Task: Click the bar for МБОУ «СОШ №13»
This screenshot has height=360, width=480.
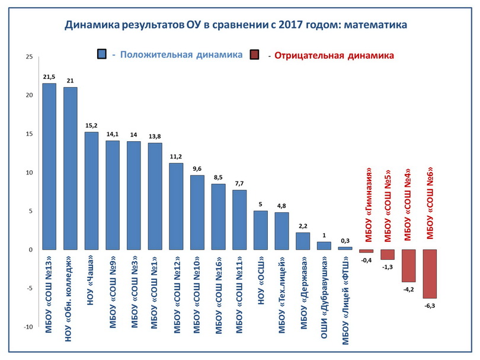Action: pyautogui.click(x=49, y=166)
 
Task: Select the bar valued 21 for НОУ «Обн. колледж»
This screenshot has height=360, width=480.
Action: pyautogui.click(x=71, y=168)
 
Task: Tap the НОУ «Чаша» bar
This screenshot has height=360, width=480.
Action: pyautogui.click(x=91, y=190)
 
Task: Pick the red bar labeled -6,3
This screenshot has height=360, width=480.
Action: pyautogui.click(x=430, y=273)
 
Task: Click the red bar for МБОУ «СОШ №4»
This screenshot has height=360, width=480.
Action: pyautogui.click(x=409, y=265)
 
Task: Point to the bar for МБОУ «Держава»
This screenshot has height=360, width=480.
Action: pyautogui.click(x=303, y=241)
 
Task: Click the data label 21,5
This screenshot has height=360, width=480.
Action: pyautogui.click(x=49, y=77)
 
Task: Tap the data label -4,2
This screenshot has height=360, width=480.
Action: pyautogui.click(x=409, y=289)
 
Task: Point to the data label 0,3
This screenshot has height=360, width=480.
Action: pyautogui.click(x=345, y=241)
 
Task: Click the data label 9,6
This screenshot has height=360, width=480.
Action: pyautogui.click(x=197, y=169)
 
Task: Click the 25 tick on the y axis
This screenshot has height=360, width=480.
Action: pyautogui.click(x=28, y=57)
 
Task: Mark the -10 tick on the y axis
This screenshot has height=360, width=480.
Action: pyautogui.click(x=27, y=327)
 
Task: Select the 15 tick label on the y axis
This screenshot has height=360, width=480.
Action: pyautogui.click(x=28, y=134)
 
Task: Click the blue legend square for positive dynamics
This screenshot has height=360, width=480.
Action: pyautogui.click(x=102, y=55)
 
